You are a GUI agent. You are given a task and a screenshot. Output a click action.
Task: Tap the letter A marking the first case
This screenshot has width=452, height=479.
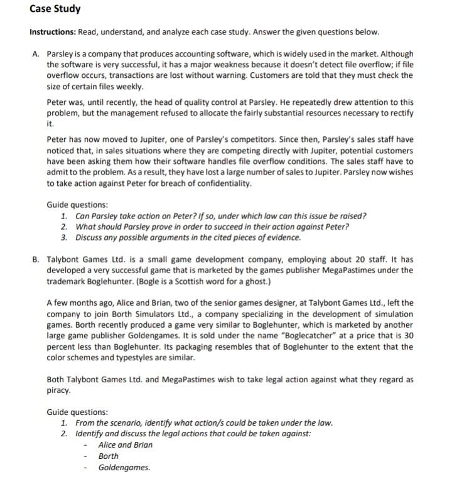(35, 53)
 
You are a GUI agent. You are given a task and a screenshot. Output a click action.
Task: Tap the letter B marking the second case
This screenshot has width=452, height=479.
(35, 259)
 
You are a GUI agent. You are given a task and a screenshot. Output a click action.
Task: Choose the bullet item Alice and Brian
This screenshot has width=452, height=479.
(126, 444)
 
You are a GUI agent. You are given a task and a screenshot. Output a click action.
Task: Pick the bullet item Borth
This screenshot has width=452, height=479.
(109, 456)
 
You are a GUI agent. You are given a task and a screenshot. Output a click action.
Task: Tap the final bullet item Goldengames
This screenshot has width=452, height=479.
(124, 467)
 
